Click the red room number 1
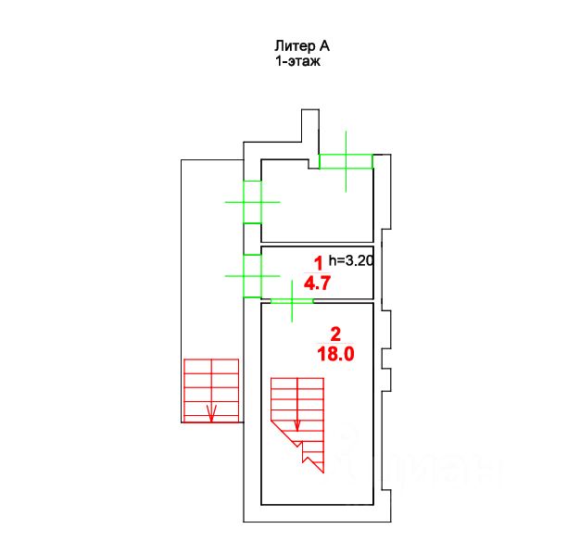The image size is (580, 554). tap(318, 263)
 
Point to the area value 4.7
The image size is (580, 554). tap(318, 283)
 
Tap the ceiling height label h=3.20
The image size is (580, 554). tap(351, 260)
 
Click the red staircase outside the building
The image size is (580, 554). tap(211, 390)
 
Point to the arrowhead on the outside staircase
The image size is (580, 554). tap(211, 415)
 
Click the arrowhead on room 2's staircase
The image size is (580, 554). tap(296, 425)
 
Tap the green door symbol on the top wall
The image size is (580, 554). tap(346, 161)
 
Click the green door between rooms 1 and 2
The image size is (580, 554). tap(292, 301)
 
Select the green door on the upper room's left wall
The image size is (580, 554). tap(251, 201)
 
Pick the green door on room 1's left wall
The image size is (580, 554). tap(251, 275)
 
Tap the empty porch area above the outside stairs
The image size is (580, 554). tap(210, 259)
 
